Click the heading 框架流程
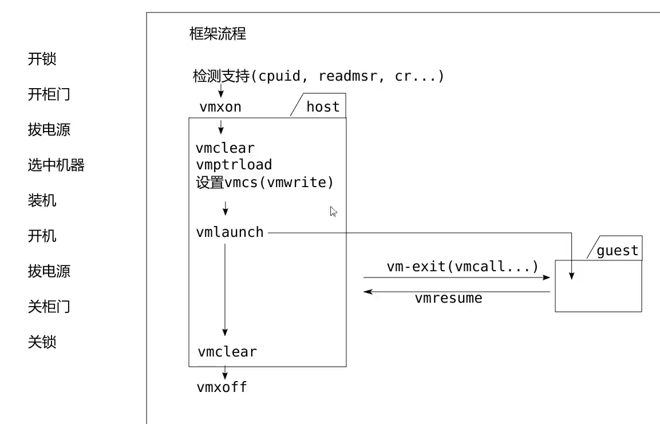218,34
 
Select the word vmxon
220,107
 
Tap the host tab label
323,107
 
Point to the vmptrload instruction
234,165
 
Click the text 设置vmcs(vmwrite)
264,183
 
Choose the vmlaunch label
230,232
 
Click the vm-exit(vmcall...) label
463,267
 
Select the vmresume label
448,298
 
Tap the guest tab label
617,251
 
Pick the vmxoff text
222,387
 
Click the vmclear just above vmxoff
227,351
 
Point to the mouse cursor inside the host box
334,212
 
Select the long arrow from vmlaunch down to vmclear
225,289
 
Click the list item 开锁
42,59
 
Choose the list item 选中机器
56,165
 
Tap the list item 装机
42,201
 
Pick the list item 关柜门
49,307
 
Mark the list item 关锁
42,342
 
